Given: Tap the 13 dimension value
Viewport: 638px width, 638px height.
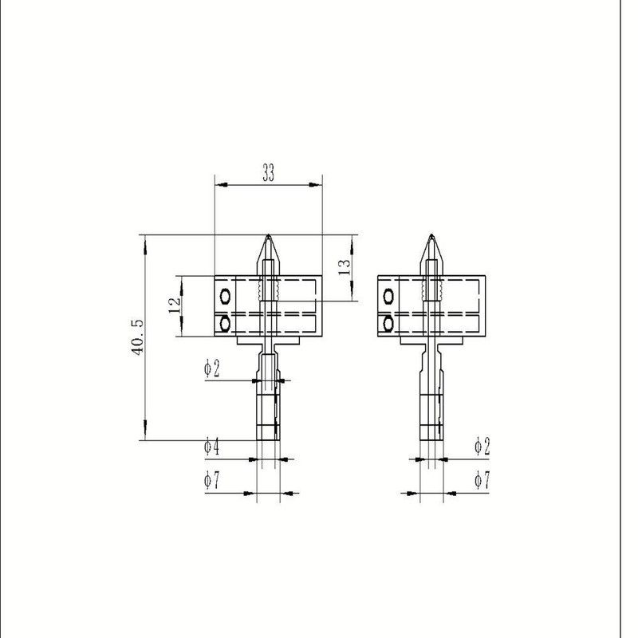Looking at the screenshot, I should [x=344, y=267].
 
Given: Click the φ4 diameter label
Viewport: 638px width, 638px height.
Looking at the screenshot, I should [x=211, y=447].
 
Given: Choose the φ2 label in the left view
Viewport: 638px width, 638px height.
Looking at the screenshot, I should [x=211, y=368].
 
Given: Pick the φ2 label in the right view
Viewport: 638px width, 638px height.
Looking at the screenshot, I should [x=482, y=447].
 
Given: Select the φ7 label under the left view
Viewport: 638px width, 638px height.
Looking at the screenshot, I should [x=211, y=481].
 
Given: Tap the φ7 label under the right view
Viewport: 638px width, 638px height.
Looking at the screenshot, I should [x=482, y=480].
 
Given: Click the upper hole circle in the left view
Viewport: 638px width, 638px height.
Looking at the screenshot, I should [x=225, y=297].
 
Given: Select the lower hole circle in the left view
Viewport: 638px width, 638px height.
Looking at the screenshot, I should [x=225, y=323].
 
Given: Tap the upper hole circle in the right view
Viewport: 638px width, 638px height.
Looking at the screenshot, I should [x=388, y=297].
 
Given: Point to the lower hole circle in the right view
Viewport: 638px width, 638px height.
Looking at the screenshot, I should [x=388, y=323].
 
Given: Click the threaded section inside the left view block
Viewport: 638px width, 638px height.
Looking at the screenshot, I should [x=269, y=291].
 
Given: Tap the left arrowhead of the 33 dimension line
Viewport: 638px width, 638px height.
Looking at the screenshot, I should [x=221, y=185].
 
